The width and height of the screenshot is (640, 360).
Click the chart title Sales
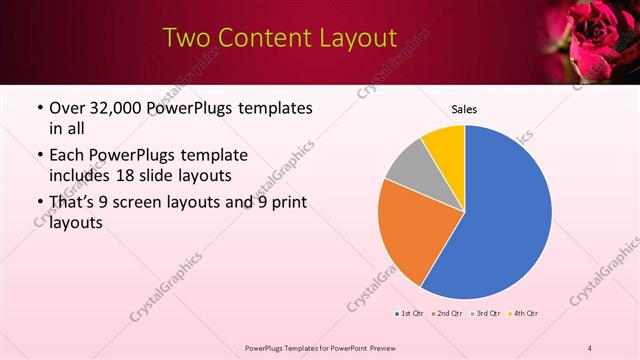(464, 108)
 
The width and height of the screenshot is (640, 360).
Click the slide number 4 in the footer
(590, 347)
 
